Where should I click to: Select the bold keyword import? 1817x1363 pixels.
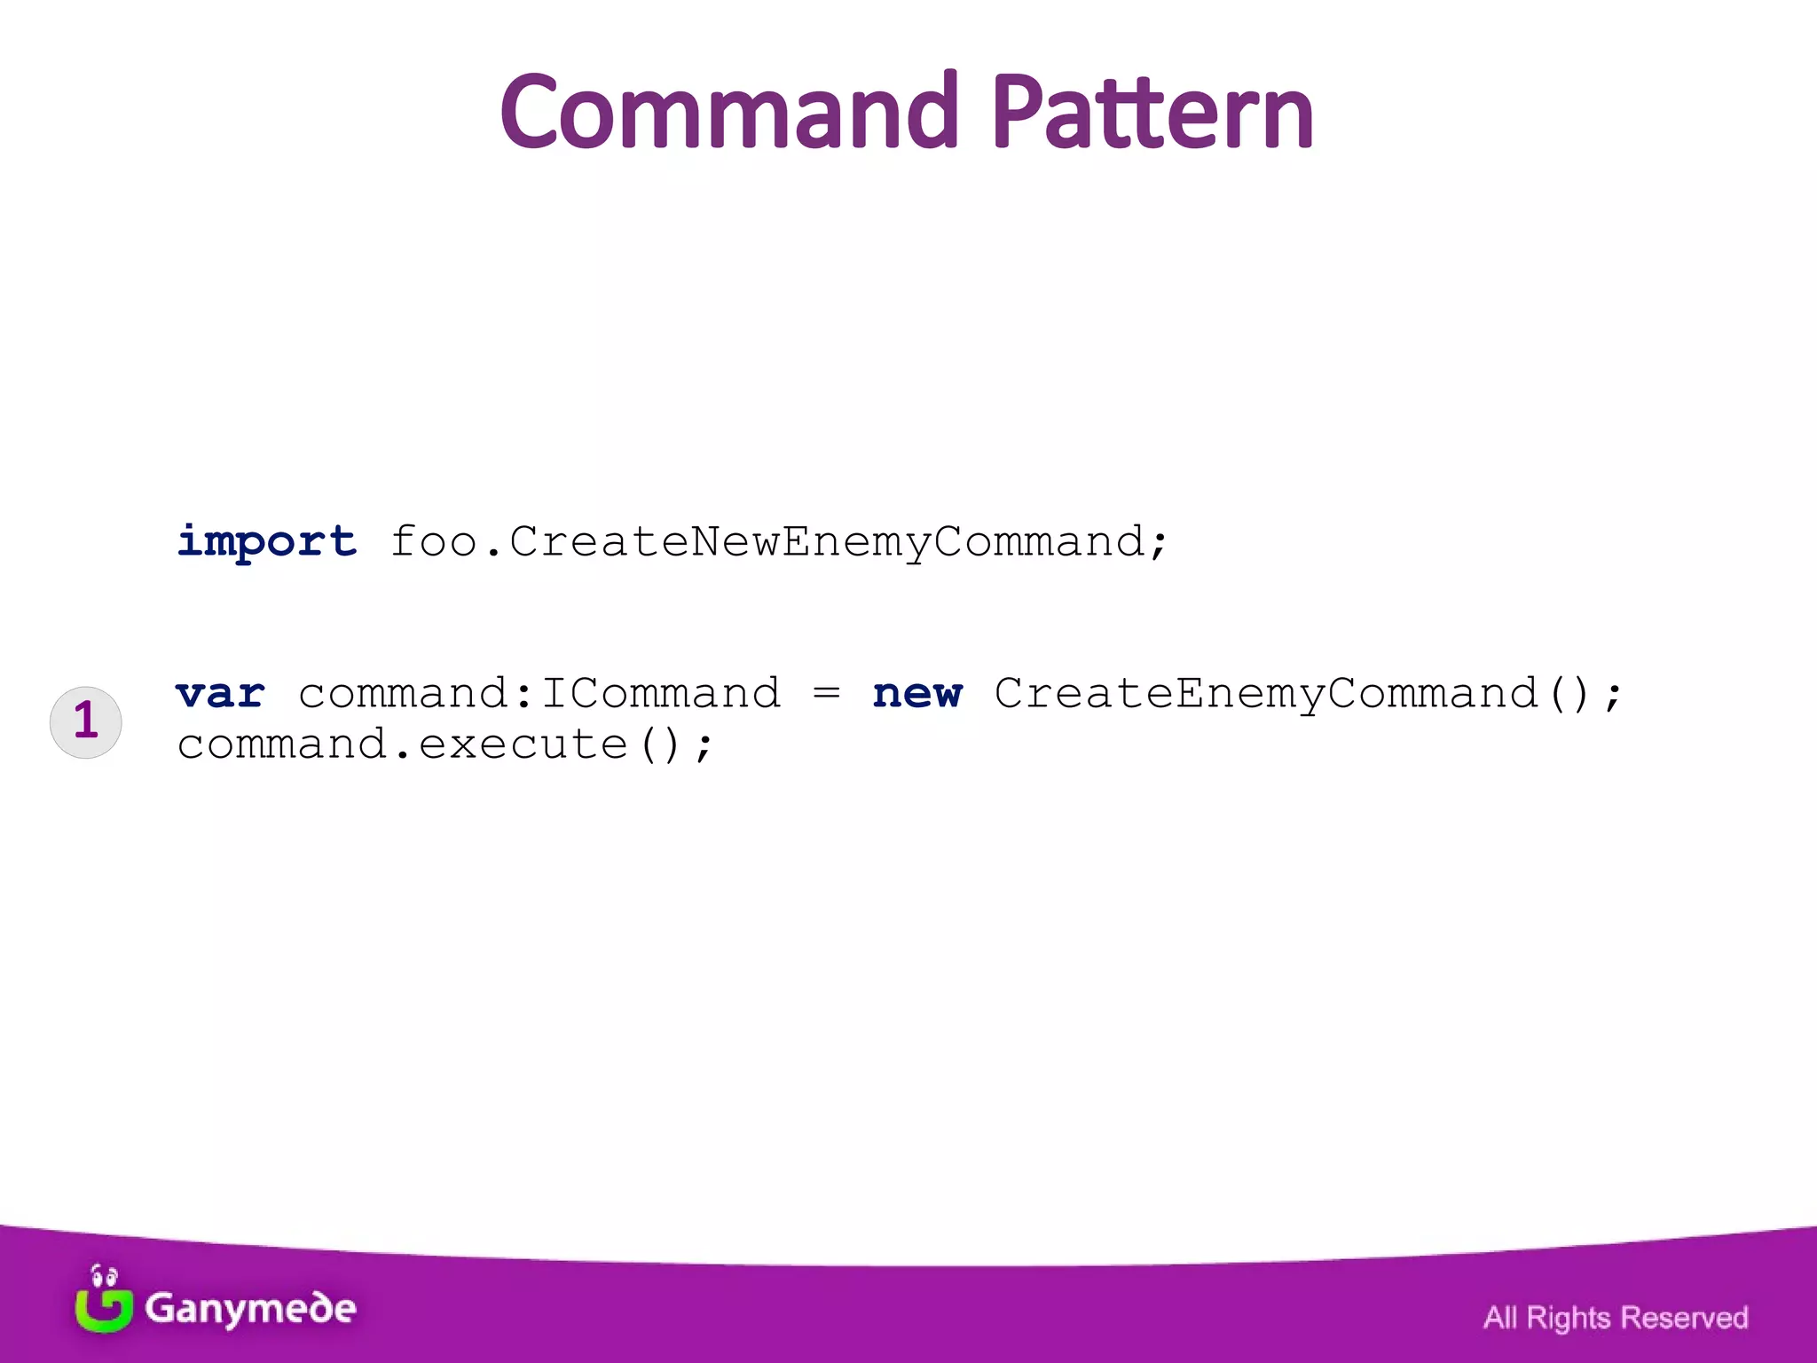(266, 541)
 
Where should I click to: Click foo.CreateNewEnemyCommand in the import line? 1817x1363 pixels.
(768, 541)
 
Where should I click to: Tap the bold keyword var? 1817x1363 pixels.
(220, 694)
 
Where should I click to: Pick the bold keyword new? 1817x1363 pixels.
(916, 694)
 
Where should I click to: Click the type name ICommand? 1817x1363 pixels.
(661, 694)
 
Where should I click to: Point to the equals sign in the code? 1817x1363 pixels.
(826, 694)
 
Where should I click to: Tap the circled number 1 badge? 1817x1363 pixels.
(85, 721)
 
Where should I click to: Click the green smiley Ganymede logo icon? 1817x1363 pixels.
(103, 1301)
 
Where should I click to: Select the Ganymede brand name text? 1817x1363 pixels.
(251, 1309)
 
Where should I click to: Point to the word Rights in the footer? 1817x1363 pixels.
(1568, 1318)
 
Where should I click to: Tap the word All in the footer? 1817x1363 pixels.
(1500, 1318)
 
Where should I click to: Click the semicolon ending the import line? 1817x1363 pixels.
(1158, 543)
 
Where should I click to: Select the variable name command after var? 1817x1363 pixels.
(403, 694)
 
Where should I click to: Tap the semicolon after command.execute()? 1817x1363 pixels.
(704, 747)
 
